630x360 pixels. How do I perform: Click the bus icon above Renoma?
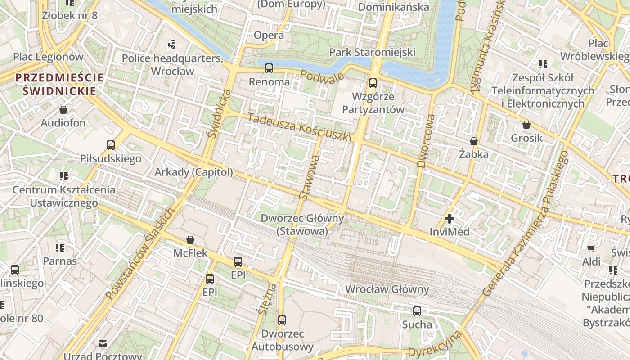pyautogui.click(x=269, y=68)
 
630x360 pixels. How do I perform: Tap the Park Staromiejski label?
pyautogui.click(x=372, y=52)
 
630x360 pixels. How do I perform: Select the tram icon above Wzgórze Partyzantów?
pyautogui.click(x=373, y=83)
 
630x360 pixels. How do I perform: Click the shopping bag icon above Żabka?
pyautogui.click(x=473, y=141)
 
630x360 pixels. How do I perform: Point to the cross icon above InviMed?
pyautogui.click(x=449, y=219)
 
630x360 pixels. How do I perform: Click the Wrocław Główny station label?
pyautogui.click(x=387, y=289)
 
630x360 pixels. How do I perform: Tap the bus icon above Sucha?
pyautogui.click(x=417, y=311)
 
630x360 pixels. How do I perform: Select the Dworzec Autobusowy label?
pyautogui.click(x=282, y=340)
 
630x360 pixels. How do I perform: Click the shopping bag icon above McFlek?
pyautogui.click(x=190, y=240)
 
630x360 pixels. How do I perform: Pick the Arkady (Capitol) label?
pyautogui.click(x=194, y=172)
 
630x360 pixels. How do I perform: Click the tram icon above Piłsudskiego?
pyautogui.click(x=111, y=145)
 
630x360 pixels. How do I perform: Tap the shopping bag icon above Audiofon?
pyautogui.click(x=63, y=110)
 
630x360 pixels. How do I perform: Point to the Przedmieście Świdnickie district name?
pyautogui.click(x=59, y=84)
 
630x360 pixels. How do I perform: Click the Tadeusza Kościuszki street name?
pyautogui.click(x=298, y=127)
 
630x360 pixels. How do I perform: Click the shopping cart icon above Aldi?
pyautogui.click(x=591, y=248)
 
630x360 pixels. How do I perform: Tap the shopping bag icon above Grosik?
pyautogui.click(x=526, y=125)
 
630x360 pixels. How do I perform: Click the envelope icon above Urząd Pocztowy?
pyautogui.click(x=103, y=344)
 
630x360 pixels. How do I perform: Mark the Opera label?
pyautogui.click(x=269, y=35)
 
